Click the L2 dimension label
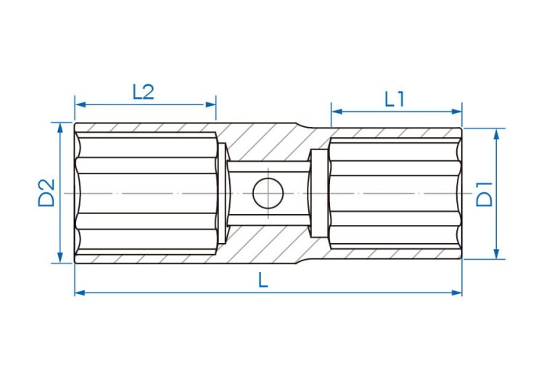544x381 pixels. point(143,92)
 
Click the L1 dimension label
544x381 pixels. point(395,99)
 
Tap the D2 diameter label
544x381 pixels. point(46,193)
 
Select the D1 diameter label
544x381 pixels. point(485,194)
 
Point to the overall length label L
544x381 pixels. point(263,279)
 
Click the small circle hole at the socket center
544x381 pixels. point(268,193)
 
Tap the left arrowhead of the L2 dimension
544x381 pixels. point(81,105)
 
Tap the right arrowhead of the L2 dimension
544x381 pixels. point(210,105)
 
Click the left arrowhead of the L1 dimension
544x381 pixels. point(337,111)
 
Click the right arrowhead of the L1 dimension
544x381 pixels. point(456,111)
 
